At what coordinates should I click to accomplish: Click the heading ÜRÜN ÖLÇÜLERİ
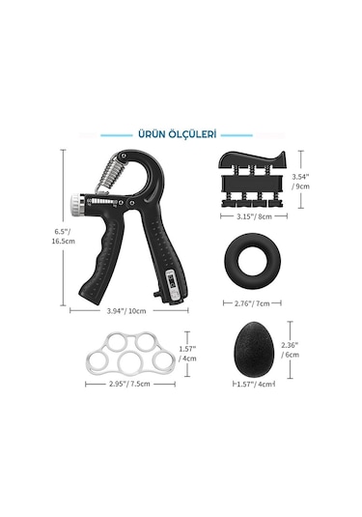(178, 134)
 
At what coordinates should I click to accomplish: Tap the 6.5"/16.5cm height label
(63, 236)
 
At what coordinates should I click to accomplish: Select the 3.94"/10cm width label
(126, 311)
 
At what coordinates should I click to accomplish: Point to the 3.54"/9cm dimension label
(300, 182)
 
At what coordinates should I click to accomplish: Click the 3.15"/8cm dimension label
(255, 216)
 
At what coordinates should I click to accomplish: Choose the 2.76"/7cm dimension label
(252, 303)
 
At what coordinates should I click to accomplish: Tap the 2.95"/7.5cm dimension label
(129, 384)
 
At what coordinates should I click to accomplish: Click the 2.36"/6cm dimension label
(290, 350)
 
